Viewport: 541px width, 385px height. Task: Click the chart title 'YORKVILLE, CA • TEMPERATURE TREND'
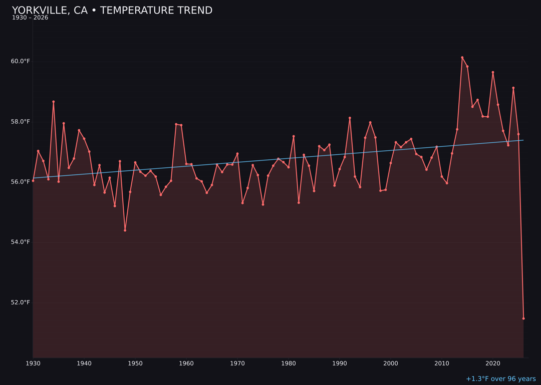[112, 11]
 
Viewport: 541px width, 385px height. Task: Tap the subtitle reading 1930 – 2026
[30, 18]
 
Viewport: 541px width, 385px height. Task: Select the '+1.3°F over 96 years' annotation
[500, 379]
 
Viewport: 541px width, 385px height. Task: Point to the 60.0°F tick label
[21, 62]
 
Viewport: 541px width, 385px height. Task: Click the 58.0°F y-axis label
[21, 122]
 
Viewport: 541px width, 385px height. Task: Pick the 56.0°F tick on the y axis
[21, 182]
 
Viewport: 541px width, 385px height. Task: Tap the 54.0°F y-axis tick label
[21, 242]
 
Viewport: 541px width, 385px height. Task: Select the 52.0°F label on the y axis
[21, 302]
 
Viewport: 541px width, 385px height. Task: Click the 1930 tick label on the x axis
[33, 363]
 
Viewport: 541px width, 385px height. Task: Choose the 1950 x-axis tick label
[135, 363]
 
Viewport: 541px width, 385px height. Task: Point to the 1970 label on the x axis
[237, 363]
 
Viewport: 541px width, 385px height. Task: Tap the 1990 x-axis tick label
[340, 363]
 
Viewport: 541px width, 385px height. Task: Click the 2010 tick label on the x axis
[442, 363]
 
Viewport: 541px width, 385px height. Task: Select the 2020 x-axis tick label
[493, 363]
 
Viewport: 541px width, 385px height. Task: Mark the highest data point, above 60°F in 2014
[462, 58]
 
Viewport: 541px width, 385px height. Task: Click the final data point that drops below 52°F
[523, 318]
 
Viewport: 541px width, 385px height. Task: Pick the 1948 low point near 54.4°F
[125, 230]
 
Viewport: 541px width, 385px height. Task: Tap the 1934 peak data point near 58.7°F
[54, 102]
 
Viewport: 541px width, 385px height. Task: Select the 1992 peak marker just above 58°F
[350, 118]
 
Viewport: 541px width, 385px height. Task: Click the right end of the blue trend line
[523, 140]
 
